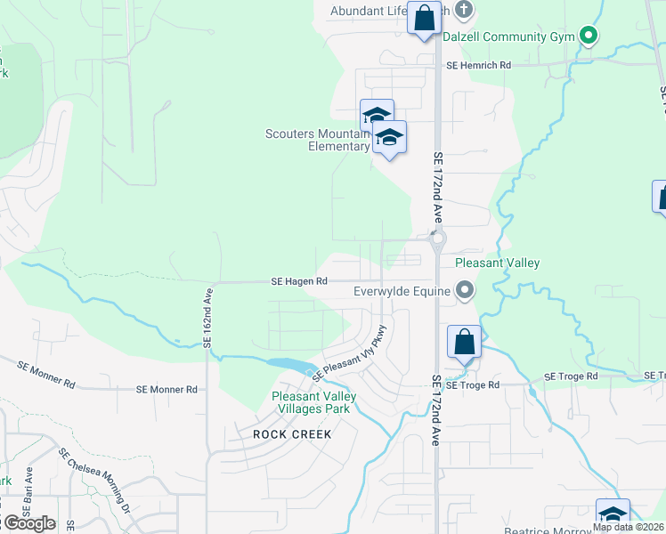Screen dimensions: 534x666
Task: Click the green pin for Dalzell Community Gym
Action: tap(588, 36)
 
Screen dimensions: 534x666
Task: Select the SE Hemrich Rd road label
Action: tap(479, 65)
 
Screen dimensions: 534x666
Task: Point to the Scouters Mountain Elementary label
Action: tap(317, 141)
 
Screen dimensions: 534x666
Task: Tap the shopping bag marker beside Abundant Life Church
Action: tap(425, 18)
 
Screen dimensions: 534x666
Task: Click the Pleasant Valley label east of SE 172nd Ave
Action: tap(497, 263)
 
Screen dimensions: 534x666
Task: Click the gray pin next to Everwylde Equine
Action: tap(464, 290)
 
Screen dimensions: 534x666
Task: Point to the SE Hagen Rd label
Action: tap(300, 281)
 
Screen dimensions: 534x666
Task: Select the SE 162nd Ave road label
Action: tap(208, 317)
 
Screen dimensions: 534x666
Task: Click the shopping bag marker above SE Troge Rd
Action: tap(464, 342)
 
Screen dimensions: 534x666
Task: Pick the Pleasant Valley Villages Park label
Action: tap(314, 402)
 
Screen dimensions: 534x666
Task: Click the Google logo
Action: tap(28, 523)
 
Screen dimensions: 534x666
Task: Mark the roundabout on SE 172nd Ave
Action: tap(436, 239)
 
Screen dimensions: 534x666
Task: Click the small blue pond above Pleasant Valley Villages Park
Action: tap(283, 365)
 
